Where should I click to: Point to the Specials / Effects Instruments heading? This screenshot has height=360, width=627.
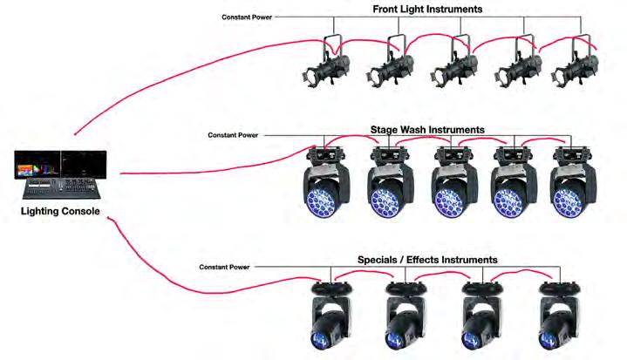(x=427, y=260)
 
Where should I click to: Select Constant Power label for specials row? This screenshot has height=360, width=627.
(x=225, y=266)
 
